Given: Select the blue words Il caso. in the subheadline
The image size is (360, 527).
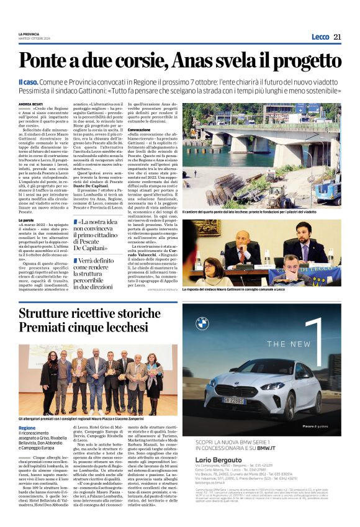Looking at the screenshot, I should (29, 82).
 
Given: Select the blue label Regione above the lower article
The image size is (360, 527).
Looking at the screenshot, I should (27, 428).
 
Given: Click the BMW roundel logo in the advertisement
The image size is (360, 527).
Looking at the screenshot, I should (202, 323).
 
